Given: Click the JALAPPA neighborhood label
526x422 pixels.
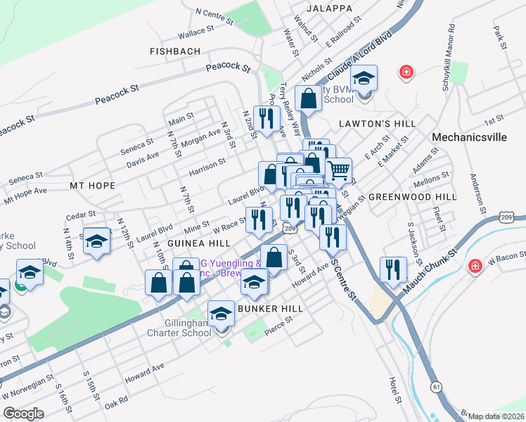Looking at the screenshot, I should click(329, 8).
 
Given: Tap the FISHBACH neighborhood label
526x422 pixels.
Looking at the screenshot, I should click(175, 51).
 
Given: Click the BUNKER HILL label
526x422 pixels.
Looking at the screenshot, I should click(271, 309).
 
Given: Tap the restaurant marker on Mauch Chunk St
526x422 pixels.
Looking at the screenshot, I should click(392, 269).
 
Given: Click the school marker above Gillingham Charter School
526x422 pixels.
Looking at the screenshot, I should click(221, 312).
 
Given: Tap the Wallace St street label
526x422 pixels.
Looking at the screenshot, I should click(195, 32).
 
